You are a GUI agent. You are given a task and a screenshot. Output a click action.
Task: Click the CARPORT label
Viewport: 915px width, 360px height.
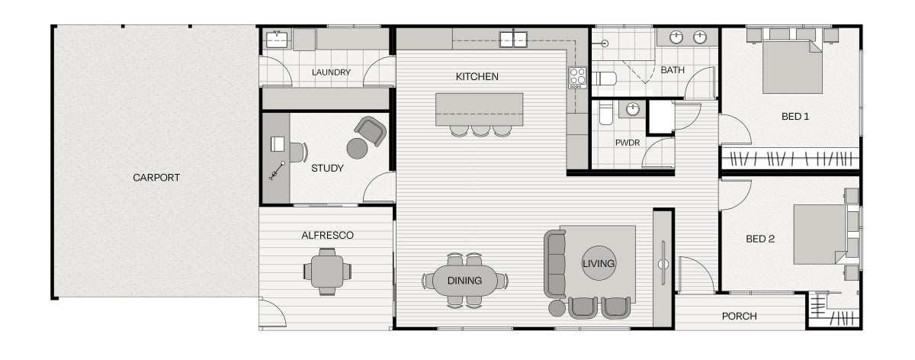(x=156, y=178)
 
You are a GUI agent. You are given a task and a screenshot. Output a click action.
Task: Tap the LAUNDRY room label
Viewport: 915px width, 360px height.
(x=331, y=72)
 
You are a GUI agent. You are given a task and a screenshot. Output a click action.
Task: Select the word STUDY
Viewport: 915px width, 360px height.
(x=327, y=168)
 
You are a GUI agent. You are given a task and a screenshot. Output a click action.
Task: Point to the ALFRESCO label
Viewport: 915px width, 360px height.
(x=327, y=236)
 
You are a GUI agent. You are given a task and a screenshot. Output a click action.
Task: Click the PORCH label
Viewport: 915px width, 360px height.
(x=739, y=317)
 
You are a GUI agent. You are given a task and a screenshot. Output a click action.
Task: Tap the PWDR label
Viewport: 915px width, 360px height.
(x=628, y=143)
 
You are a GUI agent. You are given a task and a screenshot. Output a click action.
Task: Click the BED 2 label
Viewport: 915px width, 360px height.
(x=759, y=239)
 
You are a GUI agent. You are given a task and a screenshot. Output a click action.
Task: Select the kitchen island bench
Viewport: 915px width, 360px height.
(x=479, y=109)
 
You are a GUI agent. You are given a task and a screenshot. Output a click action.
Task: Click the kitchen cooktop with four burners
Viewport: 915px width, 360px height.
(x=578, y=78)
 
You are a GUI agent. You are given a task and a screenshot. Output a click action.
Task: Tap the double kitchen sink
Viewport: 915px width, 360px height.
(x=513, y=40)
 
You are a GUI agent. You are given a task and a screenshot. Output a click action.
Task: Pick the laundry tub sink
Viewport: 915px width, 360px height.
(x=277, y=40)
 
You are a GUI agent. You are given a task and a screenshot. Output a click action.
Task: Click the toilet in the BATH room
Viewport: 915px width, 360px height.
(x=604, y=79)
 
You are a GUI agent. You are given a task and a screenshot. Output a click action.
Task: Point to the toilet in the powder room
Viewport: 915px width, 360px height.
(x=605, y=113)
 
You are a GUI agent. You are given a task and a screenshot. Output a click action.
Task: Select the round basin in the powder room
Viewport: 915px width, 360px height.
(x=632, y=110)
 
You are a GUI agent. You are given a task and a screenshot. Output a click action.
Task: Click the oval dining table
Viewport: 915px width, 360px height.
(x=465, y=281)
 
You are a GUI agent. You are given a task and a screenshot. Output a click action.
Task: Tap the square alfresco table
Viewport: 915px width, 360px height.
(x=327, y=272)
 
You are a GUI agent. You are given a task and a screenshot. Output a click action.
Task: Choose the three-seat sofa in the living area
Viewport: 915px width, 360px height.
(x=555, y=264)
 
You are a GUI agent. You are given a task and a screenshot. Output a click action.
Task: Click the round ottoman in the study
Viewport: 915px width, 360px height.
(x=357, y=148)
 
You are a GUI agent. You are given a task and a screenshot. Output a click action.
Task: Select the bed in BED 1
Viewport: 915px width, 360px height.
(x=792, y=66)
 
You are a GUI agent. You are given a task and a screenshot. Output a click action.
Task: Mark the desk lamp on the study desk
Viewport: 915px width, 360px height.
(x=277, y=170)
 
